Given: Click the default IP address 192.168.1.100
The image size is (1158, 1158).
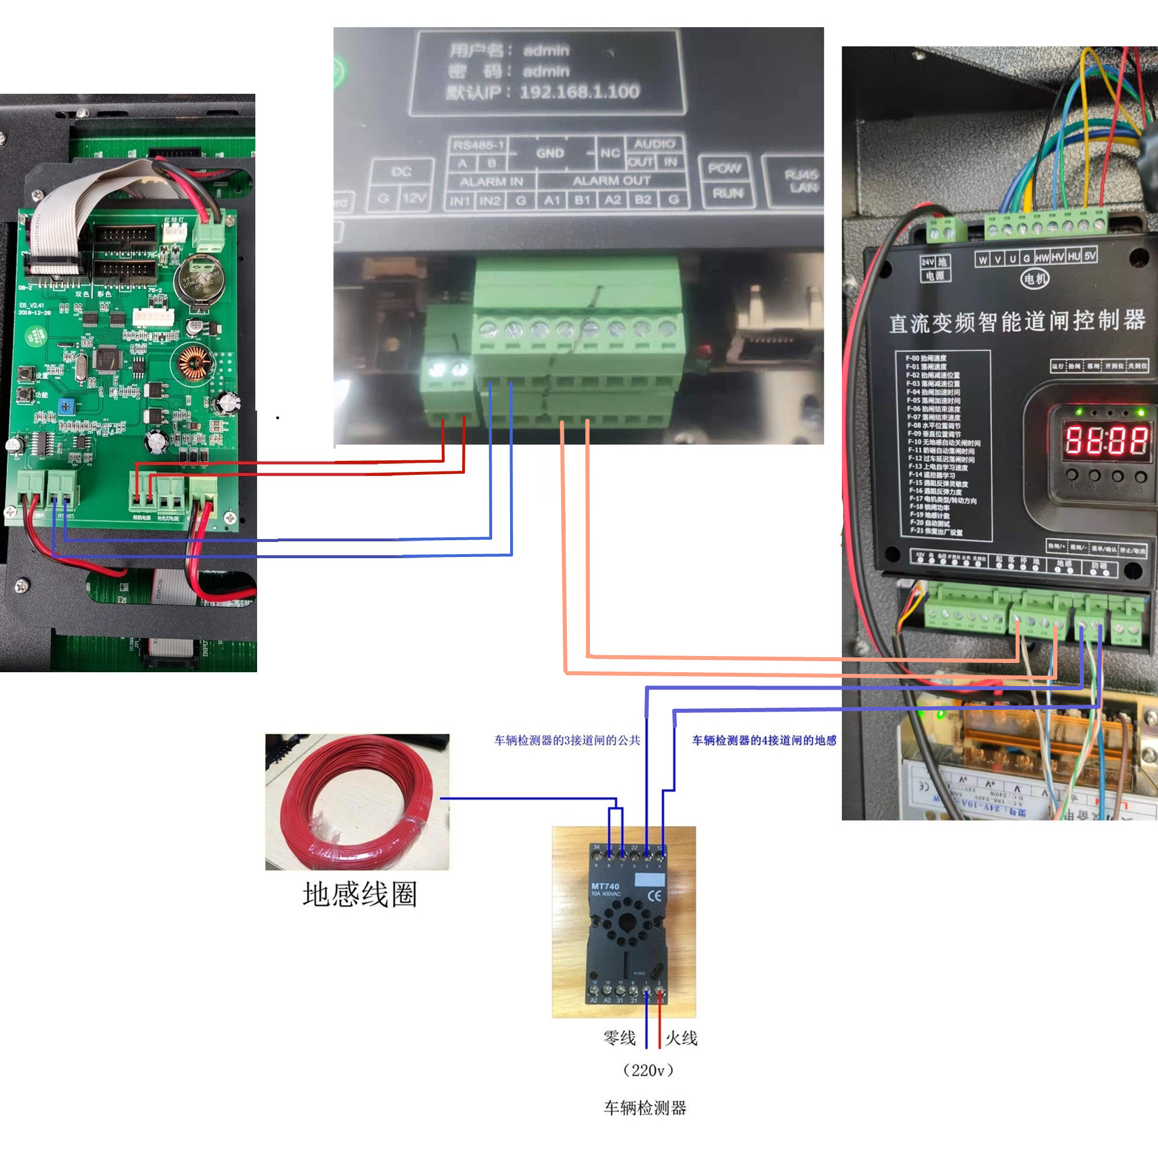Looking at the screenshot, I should [x=579, y=91].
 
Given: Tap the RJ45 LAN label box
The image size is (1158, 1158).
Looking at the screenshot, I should [x=802, y=181].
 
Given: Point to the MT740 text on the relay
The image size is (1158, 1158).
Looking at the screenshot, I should [x=605, y=886].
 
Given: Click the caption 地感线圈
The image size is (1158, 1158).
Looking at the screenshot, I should [x=360, y=895].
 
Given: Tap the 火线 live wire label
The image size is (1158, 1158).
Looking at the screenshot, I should [x=681, y=1038].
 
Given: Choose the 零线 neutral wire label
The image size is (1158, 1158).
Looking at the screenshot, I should [x=619, y=1038].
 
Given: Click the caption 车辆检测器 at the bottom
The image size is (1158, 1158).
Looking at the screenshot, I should [x=645, y=1108].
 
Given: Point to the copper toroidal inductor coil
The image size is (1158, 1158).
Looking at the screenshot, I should [x=194, y=364].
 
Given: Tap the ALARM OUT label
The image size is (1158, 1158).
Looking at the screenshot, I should [x=611, y=181].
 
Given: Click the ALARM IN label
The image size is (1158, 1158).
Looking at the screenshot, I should [x=492, y=182].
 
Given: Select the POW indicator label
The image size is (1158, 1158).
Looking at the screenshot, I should [x=725, y=168].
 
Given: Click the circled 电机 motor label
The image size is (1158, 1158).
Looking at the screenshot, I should [x=1035, y=278].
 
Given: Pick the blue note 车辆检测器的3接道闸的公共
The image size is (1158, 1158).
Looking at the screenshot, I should [x=567, y=740].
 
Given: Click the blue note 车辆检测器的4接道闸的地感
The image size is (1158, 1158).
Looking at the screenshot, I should [x=764, y=740].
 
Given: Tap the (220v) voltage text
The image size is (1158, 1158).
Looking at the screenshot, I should [x=648, y=1071].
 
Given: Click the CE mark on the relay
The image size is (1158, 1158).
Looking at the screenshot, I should [x=655, y=896].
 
